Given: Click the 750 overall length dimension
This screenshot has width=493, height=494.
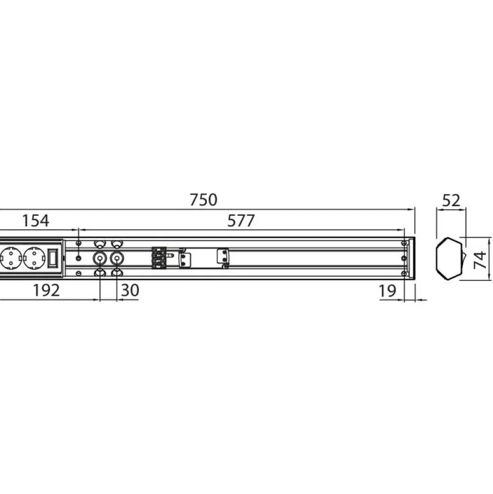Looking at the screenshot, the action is (203, 200).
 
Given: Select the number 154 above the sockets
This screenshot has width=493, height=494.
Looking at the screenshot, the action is (36, 220).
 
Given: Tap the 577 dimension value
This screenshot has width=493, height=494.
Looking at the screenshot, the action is (241, 220).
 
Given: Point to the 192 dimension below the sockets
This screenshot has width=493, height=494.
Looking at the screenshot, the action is (46, 290).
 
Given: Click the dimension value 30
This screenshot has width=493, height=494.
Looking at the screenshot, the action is (130, 290).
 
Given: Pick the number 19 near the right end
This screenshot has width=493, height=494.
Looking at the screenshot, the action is (387, 291).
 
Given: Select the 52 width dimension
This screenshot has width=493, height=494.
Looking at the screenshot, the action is (451, 200).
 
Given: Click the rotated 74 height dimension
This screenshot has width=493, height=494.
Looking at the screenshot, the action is (480, 259).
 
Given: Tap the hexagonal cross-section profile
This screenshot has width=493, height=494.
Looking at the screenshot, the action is (449, 258).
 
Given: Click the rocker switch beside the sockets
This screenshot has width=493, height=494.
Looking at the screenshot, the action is (52, 258).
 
